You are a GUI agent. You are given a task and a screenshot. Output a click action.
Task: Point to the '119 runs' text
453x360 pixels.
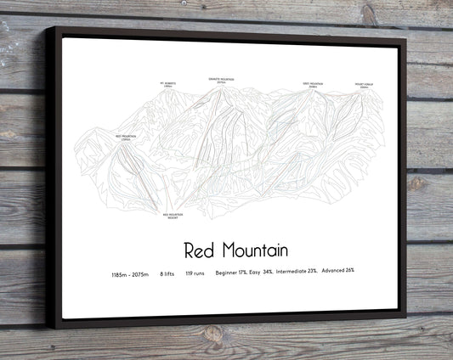(195, 274)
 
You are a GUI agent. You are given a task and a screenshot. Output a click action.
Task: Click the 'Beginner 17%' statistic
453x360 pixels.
(232, 273)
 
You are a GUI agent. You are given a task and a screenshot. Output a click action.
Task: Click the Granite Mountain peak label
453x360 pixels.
(221, 80)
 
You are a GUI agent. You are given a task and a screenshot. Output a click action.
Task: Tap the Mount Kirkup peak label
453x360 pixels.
(364, 86)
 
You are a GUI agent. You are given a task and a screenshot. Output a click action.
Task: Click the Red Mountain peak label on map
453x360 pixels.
(125, 137)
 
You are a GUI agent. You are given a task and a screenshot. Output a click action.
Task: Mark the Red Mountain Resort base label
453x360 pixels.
(173, 217)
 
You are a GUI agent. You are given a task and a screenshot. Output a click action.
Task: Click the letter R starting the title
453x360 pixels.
(190, 250)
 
